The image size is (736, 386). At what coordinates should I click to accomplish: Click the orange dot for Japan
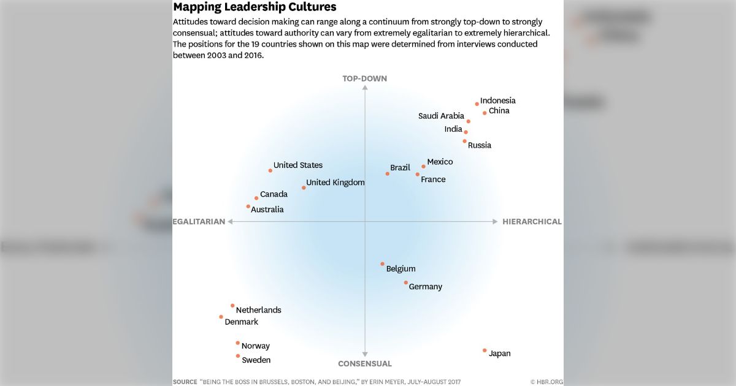485,350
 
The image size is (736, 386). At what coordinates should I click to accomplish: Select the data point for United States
270,170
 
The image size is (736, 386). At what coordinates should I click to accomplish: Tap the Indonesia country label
497,100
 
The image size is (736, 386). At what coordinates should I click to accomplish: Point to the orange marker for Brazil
388,173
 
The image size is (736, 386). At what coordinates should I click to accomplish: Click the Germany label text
425,287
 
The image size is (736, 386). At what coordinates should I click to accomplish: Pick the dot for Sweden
238,356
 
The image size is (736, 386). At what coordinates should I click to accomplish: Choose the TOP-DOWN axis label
365,78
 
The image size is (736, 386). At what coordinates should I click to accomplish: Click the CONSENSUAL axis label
365,364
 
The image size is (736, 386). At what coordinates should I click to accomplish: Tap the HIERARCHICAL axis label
532,222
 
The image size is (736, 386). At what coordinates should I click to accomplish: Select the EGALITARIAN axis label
199,222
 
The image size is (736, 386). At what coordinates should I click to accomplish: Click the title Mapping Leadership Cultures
255,7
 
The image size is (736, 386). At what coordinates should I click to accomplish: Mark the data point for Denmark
221,317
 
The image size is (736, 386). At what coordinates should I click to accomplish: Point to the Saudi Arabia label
441,116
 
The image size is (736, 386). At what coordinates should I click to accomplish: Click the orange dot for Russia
465,141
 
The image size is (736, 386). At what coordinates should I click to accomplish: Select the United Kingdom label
335,183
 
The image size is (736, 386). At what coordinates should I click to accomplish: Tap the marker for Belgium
383,264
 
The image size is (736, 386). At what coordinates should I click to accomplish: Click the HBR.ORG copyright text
546,382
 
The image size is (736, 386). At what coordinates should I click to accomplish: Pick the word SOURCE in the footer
185,382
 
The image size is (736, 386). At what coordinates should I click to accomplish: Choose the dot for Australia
248,206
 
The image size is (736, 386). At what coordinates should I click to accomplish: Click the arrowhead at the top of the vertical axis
365,88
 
